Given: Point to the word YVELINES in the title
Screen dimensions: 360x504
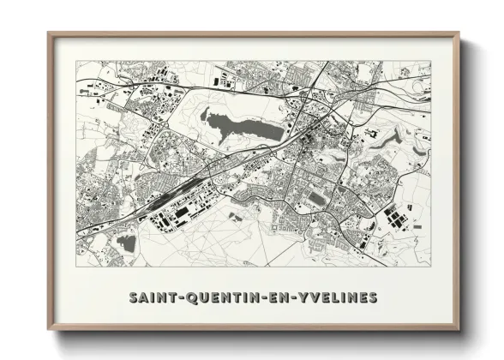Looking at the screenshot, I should coord(334,298).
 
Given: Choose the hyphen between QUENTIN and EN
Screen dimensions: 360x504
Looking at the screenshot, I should coord(260,298).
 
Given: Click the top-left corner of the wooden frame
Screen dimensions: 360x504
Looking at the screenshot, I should coord(49,33).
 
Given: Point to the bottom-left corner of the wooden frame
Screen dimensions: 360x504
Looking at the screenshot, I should coord(49,329).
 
